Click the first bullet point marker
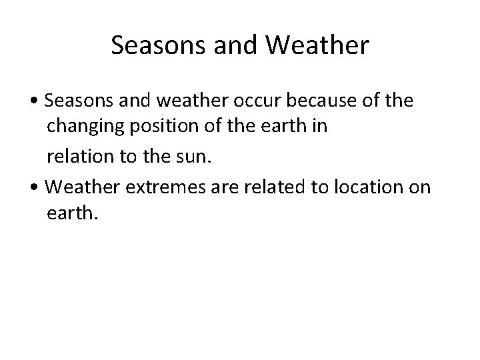39,102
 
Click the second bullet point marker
39,189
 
